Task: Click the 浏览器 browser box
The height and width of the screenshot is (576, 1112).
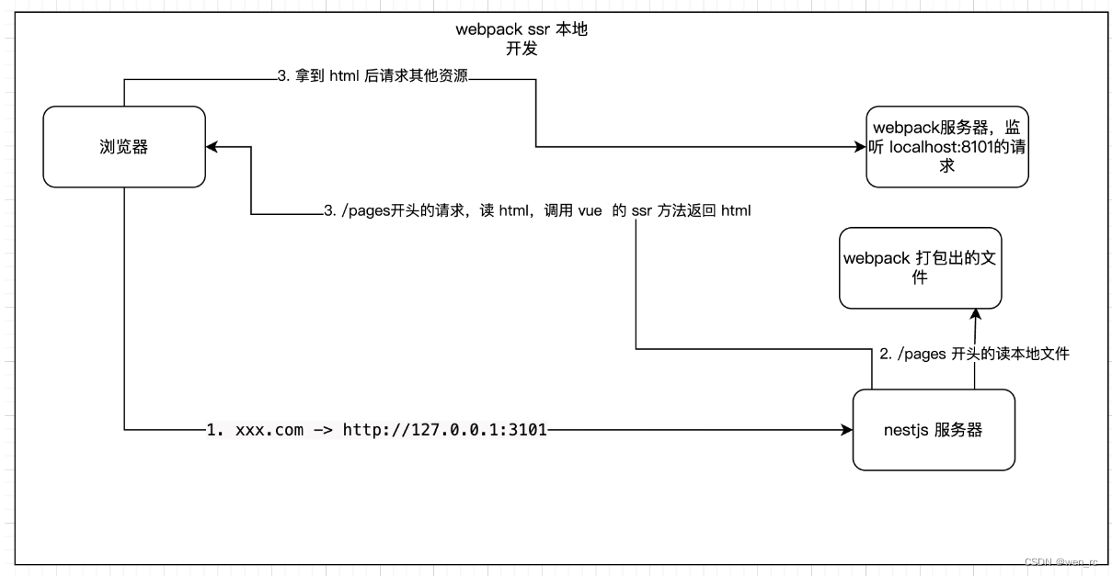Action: point(124,147)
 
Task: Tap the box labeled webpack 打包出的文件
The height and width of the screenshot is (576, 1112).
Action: point(920,267)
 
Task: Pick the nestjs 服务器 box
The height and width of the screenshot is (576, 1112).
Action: point(934,429)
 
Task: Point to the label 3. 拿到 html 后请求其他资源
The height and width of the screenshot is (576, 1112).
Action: point(373,78)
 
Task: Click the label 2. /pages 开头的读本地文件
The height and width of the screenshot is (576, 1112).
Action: point(975,354)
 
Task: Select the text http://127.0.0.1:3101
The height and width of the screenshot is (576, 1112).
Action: point(444,429)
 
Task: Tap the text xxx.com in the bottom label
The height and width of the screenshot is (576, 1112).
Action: point(269,429)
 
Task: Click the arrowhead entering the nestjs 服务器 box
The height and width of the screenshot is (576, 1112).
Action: point(847,429)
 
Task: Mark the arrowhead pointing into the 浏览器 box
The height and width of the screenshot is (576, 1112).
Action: point(212,147)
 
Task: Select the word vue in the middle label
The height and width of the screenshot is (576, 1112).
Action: point(590,211)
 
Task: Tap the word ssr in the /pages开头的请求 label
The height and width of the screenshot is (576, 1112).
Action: point(640,211)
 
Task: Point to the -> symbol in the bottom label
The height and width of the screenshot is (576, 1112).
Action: point(323,429)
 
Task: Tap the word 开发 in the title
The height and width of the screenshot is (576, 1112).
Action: point(522,49)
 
